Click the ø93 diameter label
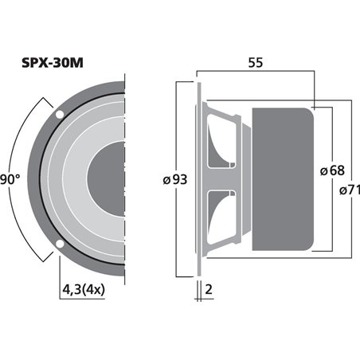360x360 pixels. (174, 180)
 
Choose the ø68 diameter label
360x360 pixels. (332, 170)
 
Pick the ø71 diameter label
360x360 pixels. (349, 190)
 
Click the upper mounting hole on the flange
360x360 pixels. (60, 116)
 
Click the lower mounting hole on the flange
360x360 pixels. (60, 242)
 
